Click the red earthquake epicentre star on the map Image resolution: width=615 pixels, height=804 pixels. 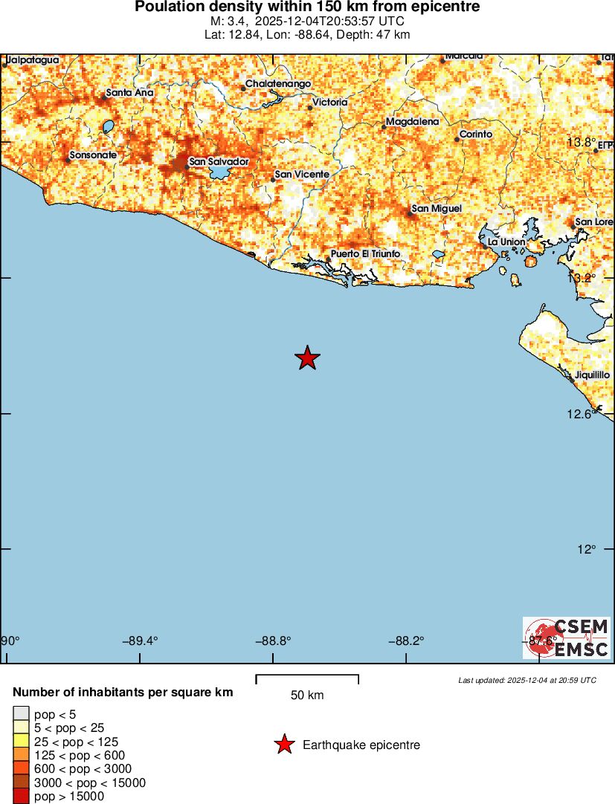[x=307, y=358]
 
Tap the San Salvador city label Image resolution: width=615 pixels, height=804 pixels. [x=219, y=161]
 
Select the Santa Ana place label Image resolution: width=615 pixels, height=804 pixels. [x=129, y=93]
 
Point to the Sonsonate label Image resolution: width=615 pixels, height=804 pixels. [x=93, y=155]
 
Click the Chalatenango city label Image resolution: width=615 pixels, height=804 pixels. [x=278, y=84]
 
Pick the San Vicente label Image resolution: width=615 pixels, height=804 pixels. [x=302, y=175]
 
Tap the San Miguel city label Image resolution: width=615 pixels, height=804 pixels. [x=437, y=209]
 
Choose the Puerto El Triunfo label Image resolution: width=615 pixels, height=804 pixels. [x=365, y=254]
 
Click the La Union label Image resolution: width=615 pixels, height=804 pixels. [x=506, y=242]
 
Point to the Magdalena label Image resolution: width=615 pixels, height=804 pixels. [x=413, y=121]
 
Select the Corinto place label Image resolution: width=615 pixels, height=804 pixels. [x=476, y=134]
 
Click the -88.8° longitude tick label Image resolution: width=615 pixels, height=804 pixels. [x=272, y=641]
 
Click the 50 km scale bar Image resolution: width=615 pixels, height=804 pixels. [x=307, y=678]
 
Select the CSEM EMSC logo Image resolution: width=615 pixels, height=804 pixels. [x=567, y=638]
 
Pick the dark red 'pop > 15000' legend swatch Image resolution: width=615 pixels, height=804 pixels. [x=21, y=797]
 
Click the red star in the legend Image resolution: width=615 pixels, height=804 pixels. [x=284, y=745]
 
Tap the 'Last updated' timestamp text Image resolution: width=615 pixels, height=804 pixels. [x=527, y=680]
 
